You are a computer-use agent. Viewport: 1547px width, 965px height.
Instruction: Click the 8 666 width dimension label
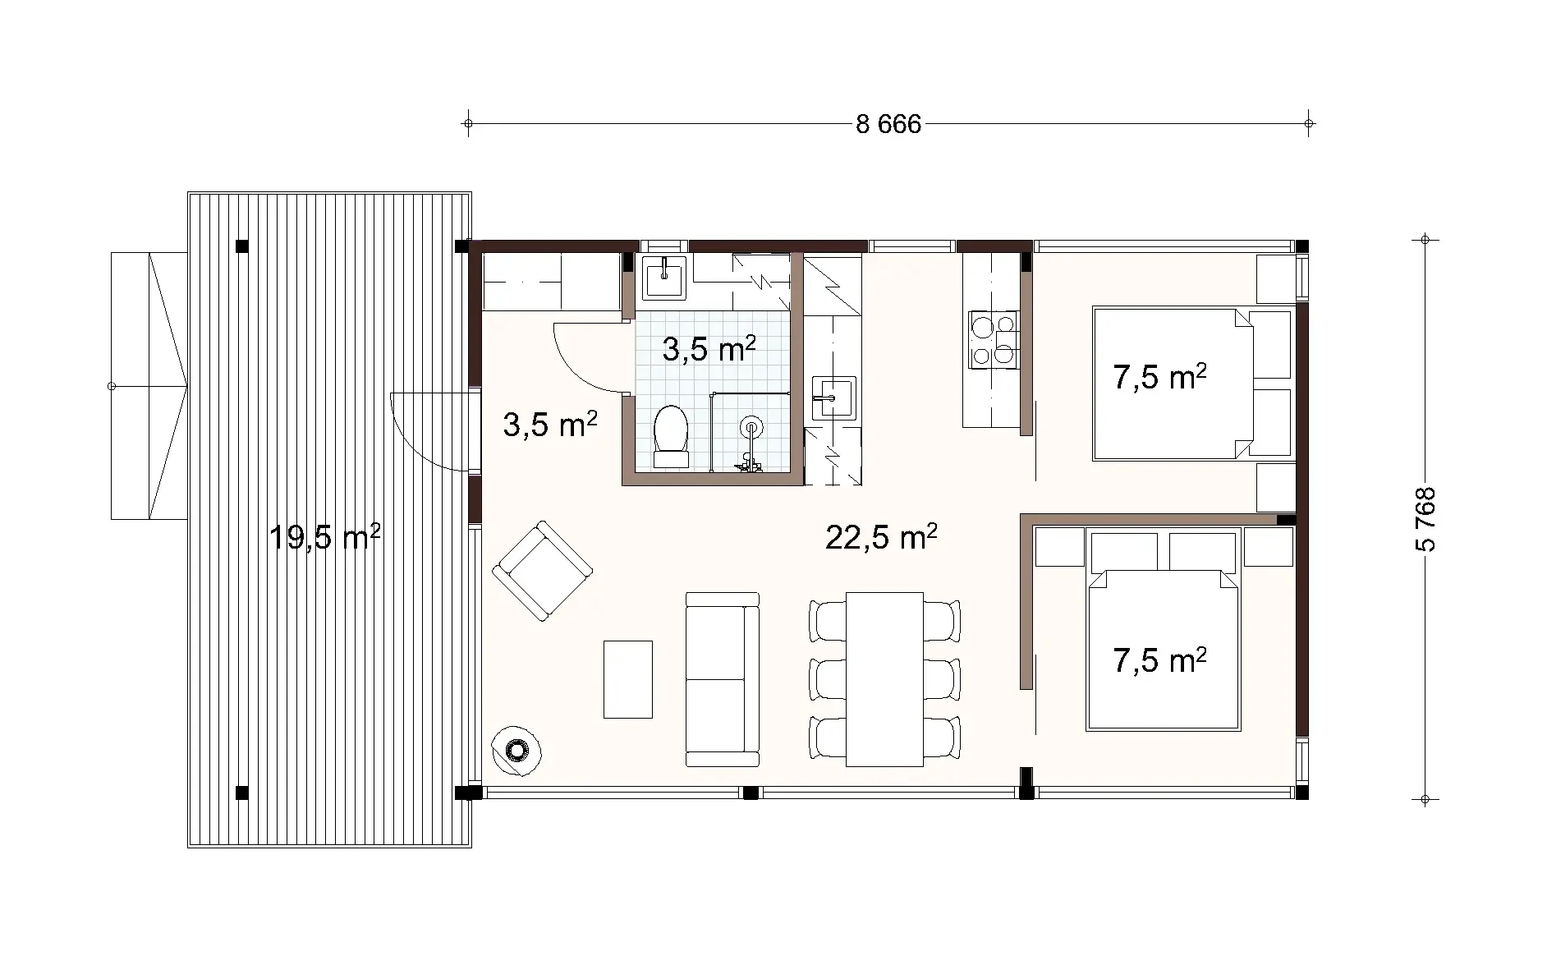888,125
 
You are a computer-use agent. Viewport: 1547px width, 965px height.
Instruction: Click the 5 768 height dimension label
1426,519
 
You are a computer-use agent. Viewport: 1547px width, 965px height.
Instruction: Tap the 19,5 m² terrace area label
324,538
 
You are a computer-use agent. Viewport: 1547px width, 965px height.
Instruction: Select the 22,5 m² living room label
881,538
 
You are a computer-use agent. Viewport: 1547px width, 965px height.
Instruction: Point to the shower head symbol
751,427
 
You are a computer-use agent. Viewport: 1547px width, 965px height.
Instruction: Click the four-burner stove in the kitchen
992,338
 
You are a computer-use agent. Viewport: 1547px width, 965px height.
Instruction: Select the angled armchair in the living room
542,570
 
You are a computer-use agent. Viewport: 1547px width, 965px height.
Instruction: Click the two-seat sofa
723,679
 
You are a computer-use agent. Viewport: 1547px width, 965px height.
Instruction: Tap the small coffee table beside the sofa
628,679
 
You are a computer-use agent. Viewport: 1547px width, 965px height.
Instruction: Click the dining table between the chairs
884,679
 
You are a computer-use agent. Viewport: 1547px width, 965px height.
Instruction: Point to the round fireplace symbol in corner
516,749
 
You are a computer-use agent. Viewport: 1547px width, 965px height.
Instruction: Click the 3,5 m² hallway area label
549,426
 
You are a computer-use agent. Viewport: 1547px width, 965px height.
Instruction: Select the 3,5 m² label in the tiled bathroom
709,350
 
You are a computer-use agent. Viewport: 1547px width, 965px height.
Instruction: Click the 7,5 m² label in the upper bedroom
1159,378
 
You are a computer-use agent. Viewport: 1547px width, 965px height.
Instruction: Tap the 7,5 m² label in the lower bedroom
1159,660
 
